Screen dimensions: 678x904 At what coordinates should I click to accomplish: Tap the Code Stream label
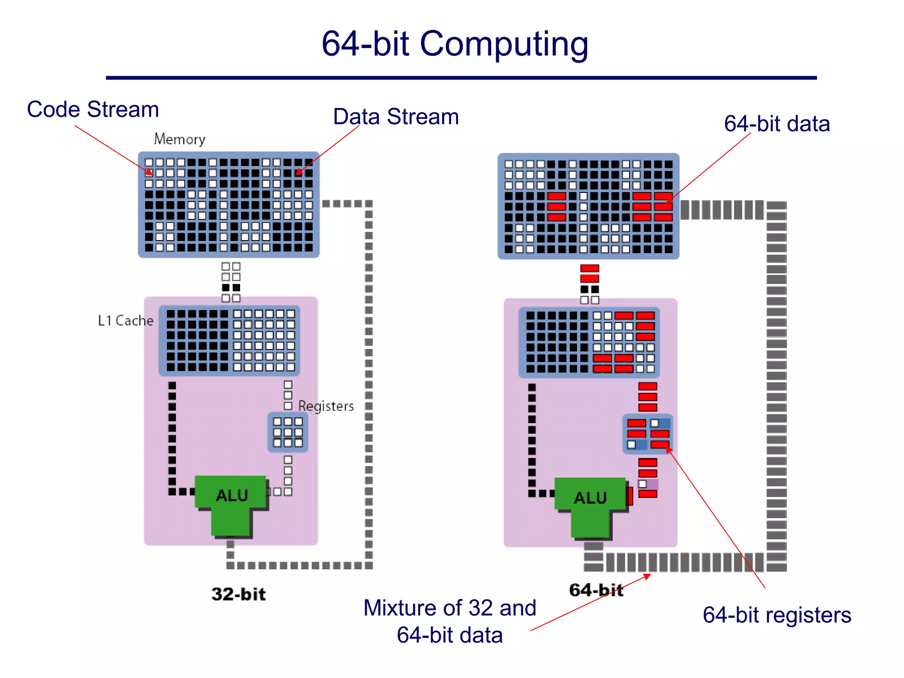[x=93, y=109]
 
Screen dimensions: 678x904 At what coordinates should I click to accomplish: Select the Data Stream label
[x=396, y=117]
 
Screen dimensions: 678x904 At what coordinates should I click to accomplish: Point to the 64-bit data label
[x=776, y=124]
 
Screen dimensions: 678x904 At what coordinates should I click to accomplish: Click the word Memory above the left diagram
[x=180, y=139]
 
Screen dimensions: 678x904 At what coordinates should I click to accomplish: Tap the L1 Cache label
[x=125, y=320]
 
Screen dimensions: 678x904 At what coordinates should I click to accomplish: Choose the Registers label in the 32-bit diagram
[x=326, y=406]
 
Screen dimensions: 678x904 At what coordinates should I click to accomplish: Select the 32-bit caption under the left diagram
[x=238, y=594]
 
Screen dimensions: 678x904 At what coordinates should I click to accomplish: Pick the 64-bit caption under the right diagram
[x=596, y=590]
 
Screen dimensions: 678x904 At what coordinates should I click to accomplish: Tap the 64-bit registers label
[x=776, y=615]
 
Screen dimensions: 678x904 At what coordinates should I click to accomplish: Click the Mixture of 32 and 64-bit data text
[x=449, y=621]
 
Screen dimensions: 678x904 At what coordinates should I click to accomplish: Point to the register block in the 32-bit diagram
[x=288, y=432]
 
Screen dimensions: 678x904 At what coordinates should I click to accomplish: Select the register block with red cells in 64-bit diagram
[x=648, y=434]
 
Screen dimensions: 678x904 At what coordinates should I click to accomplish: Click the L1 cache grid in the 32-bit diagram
[x=230, y=340]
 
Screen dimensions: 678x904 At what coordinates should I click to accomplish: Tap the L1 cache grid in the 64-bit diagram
[x=589, y=342]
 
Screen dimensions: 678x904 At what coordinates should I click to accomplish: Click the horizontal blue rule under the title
[x=461, y=78]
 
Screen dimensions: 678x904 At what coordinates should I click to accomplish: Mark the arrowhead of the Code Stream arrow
[x=150, y=173]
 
